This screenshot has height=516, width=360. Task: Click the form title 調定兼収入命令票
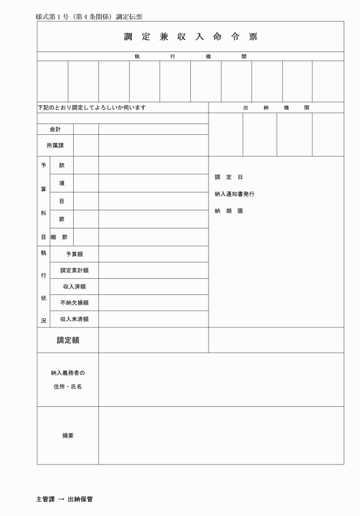pos(191,37)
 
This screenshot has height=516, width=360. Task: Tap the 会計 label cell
pos(55,130)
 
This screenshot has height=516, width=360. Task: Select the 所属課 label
pos(55,146)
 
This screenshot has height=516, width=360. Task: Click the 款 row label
pos(62,165)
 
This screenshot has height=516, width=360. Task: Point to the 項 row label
pos(62,183)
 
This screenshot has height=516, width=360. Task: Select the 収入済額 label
pos(74,286)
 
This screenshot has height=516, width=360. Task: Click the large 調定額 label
pos(67,340)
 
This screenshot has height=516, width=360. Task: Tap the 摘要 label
pos(67,435)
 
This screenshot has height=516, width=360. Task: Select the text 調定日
pos(229,177)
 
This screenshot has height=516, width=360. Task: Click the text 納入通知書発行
pos(234,194)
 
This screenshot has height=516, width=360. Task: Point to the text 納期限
pos(229,211)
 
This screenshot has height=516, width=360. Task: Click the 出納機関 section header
pos(276,107)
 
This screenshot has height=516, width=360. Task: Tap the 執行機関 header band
pos(191,56)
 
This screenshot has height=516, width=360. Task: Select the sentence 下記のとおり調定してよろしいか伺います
pos(91,107)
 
